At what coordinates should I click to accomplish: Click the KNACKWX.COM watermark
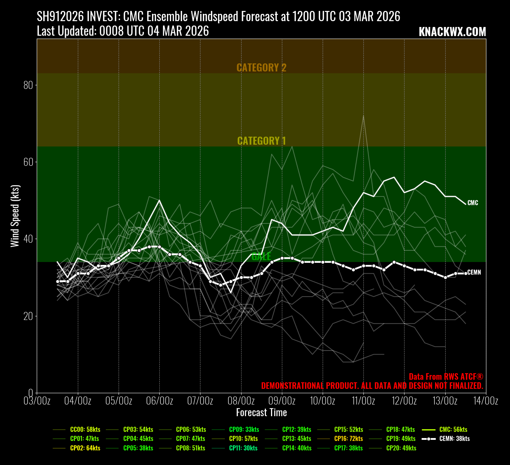[x=452, y=32]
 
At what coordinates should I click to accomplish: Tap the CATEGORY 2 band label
[x=262, y=68]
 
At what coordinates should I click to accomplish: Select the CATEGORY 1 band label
[x=262, y=141]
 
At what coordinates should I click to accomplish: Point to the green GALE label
[x=261, y=257]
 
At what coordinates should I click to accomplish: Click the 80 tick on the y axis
[x=28, y=85]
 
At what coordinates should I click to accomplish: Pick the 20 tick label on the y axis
[x=28, y=316]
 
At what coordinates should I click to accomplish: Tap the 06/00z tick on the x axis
[x=159, y=401]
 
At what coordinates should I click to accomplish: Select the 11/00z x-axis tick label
[x=363, y=401]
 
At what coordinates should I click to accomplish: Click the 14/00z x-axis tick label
[x=486, y=401]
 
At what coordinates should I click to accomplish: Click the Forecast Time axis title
[x=262, y=413]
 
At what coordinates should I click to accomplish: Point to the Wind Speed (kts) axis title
[x=15, y=216]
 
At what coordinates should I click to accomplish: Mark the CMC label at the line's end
[x=473, y=203]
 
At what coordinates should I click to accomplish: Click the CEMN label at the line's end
[x=474, y=273]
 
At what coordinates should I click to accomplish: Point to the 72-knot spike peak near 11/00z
[x=363, y=116]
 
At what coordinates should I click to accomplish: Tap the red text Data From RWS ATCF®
[x=446, y=377]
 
